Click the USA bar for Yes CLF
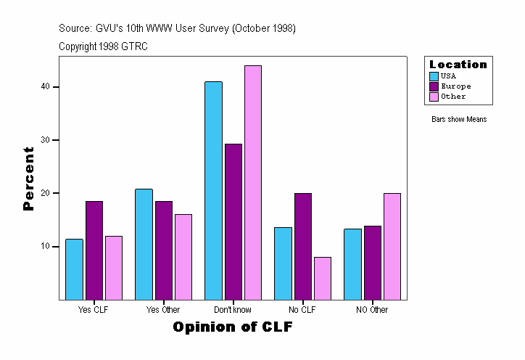[75, 269]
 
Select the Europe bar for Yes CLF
[94, 250]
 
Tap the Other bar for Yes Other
[183, 257]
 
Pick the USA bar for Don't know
[213, 190]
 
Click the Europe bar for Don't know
[233, 221]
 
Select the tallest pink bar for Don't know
[252, 182]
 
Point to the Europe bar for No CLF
[302, 246]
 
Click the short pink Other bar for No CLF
[322, 278]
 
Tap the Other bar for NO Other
[392, 246]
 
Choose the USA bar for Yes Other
[144, 244]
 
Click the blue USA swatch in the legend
[434, 75]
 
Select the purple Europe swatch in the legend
[434, 86]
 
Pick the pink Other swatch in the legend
[434, 96]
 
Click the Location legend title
[458, 65]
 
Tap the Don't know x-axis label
[233, 310]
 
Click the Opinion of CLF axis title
[233, 327]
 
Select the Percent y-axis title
[28, 179]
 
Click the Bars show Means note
[459, 119]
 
